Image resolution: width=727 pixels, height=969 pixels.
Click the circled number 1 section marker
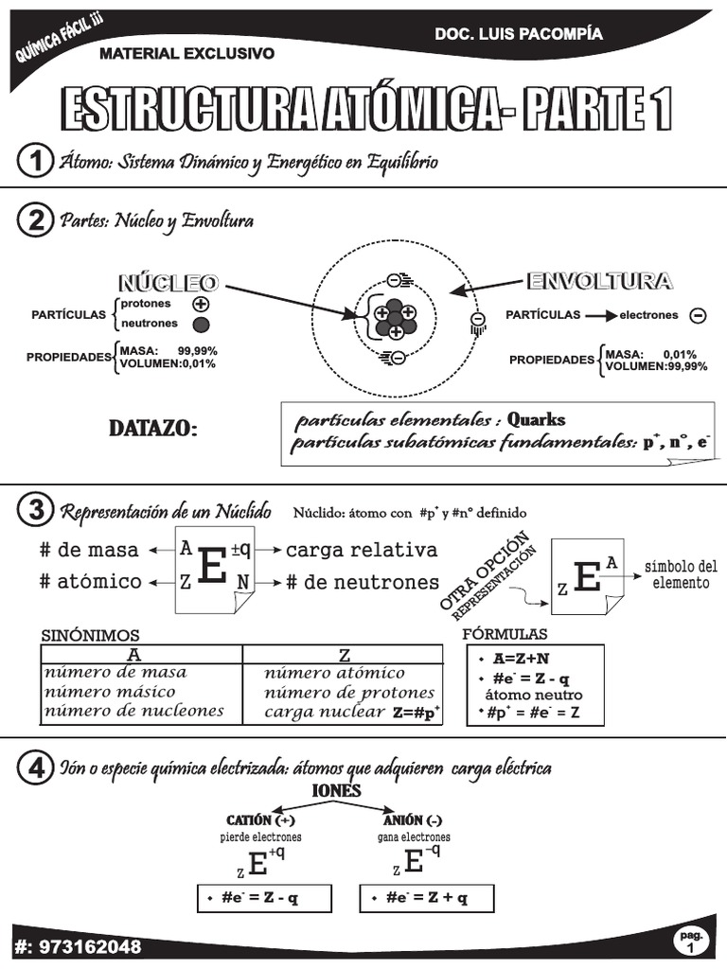(x=35, y=161)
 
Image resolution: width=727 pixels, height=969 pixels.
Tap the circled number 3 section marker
(x=35, y=512)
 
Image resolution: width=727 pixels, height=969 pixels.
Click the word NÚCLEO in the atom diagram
(x=168, y=282)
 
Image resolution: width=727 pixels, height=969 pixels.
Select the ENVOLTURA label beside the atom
(x=599, y=281)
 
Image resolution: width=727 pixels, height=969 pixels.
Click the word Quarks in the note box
(x=536, y=419)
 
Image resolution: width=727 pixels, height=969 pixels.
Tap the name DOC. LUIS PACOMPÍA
(x=518, y=34)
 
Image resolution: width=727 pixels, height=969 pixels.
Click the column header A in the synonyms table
(x=141, y=655)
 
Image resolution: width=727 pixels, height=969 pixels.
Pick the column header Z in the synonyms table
(x=344, y=655)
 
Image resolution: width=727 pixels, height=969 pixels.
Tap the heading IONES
(x=336, y=791)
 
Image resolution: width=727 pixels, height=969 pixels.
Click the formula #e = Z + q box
(x=427, y=898)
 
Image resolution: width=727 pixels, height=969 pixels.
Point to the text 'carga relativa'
(x=362, y=550)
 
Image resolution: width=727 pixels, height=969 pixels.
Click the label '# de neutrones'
(x=363, y=583)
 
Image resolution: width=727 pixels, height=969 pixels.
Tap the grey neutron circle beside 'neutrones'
(x=200, y=325)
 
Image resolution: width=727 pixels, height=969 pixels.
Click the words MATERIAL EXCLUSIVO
(x=186, y=54)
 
